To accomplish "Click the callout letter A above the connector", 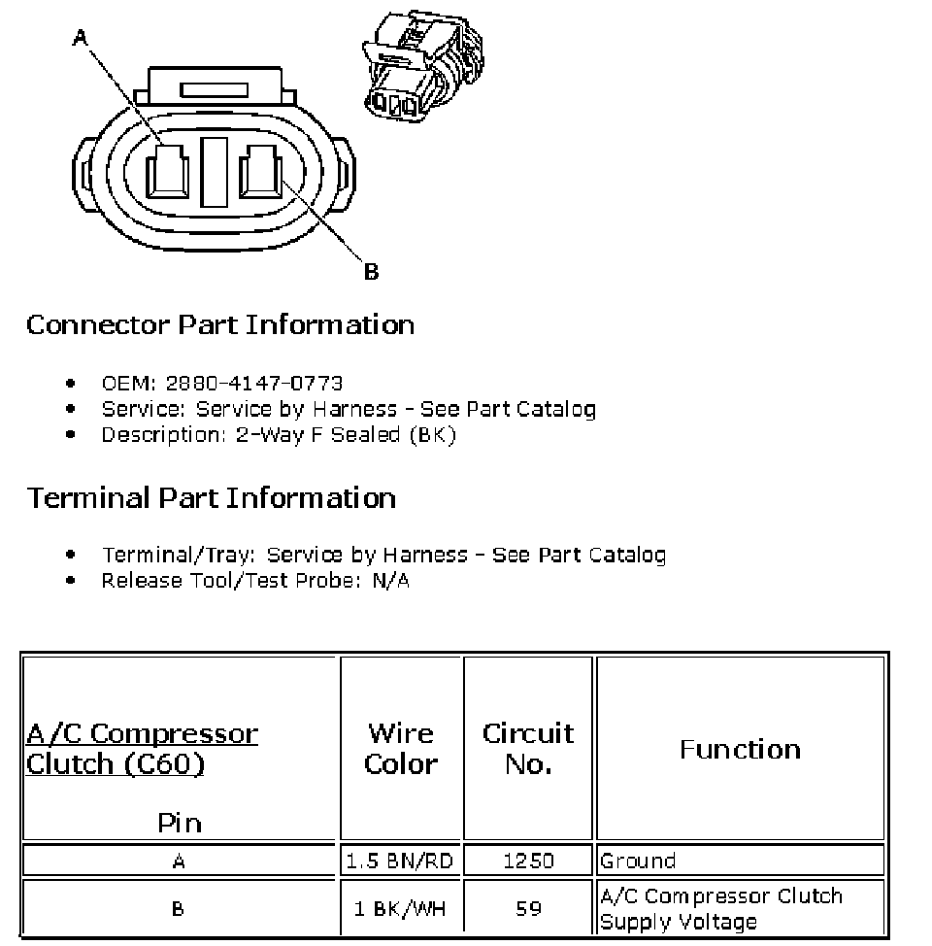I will click(81, 38).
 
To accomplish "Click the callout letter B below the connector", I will click(371, 273).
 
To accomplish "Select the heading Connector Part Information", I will click(220, 324).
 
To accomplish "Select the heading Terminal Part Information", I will click(212, 498).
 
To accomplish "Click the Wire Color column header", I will click(401, 748).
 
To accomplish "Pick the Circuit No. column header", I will click(528, 748).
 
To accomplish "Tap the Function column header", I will click(740, 749).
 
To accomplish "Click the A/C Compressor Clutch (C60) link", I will click(142, 748).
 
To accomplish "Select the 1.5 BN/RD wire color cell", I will click(401, 861).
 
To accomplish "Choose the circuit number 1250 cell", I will click(528, 861).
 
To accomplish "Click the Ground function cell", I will click(638, 861).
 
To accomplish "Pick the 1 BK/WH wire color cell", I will click(401, 909).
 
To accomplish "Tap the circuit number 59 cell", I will click(528, 909).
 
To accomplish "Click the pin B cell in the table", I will click(179, 909).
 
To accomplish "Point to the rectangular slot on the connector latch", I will click(216, 90).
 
